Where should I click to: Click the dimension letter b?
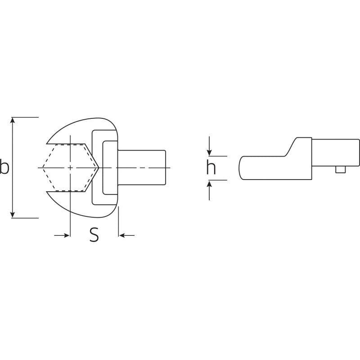[x=4, y=167]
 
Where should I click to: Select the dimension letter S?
[x=94, y=235]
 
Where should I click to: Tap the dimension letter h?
[x=211, y=168]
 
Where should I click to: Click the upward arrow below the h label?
[x=209, y=185]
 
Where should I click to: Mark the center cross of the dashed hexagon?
[x=70, y=167]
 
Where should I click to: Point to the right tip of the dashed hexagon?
[x=99, y=167]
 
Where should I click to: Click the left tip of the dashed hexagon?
[x=43, y=167]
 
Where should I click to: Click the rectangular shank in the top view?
[x=142, y=167]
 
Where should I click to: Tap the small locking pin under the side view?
[x=338, y=169]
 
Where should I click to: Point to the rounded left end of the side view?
[x=242, y=167]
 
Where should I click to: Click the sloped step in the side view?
[x=290, y=147]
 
